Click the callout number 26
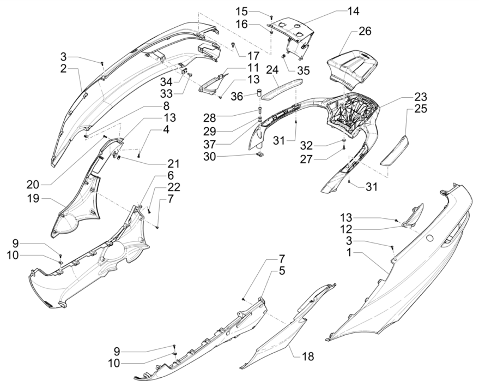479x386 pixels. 365,31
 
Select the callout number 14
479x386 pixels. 354,11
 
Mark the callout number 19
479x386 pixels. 33,199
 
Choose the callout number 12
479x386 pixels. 347,229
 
